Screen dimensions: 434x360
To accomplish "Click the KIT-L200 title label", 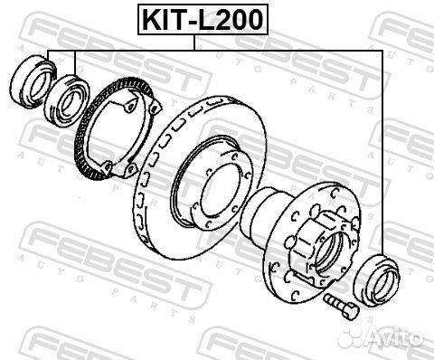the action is (203, 19).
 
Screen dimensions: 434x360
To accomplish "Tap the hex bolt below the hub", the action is (341, 307).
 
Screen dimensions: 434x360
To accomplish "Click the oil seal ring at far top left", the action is (33, 80).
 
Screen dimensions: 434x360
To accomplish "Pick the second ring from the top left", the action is (67, 100).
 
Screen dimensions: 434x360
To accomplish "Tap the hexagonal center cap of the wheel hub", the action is (319, 247).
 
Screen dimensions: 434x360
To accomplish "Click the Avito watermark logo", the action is (381, 336).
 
